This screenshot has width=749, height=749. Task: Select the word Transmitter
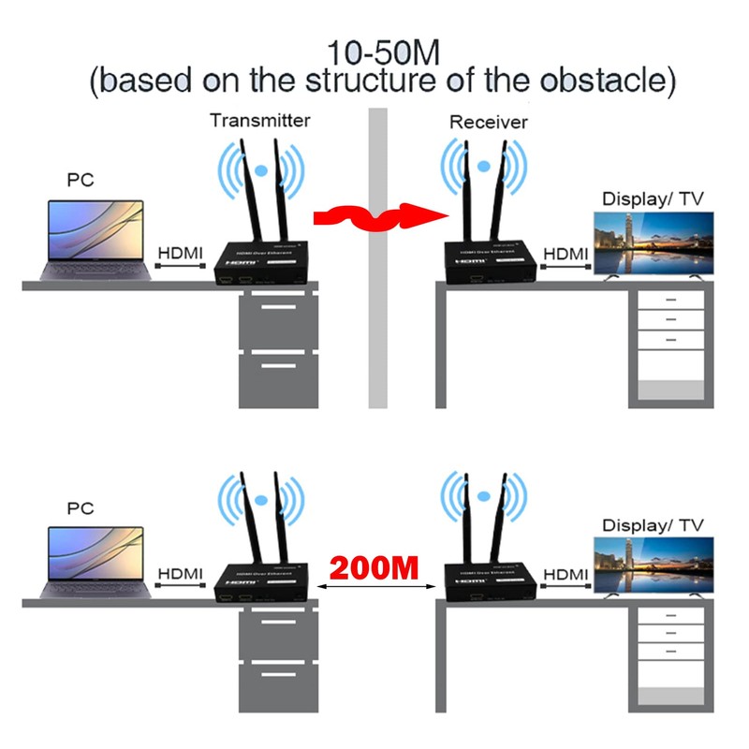pyautogui.click(x=259, y=121)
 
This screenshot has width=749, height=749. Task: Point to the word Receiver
pyautogui.click(x=489, y=122)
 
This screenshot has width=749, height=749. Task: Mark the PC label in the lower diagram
pyautogui.click(x=81, y=508)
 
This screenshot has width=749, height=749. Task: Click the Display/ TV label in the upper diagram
pyautogui.click(x=653, y=198)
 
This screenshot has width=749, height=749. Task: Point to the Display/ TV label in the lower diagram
pyautogui.click(x=653, y=526)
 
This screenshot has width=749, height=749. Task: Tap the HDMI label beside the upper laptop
pyautogui.click(x=181, y=252)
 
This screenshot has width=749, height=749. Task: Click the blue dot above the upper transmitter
pyautogui.click(x=262, y=171)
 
